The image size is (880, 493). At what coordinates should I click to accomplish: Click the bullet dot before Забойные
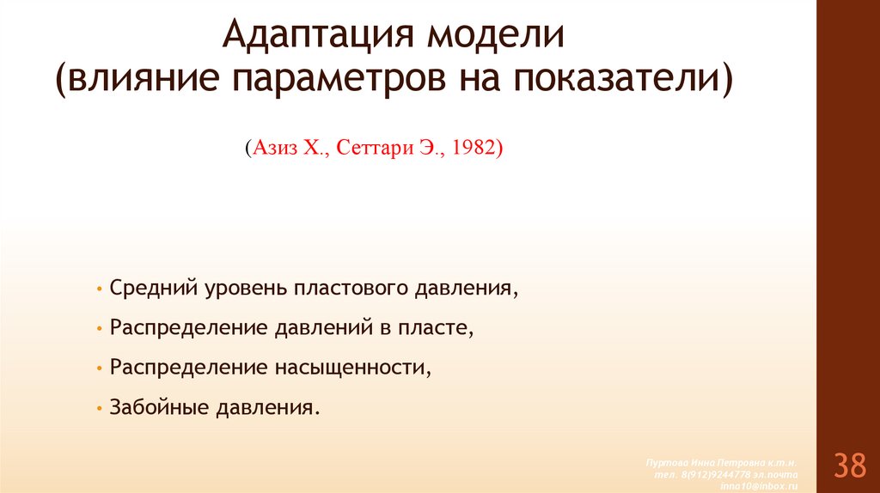click(x=101, y=407)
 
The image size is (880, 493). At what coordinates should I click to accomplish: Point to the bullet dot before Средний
click(x=101, y=289)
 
